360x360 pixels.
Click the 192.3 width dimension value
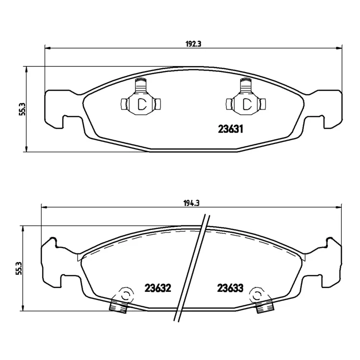tap(193, 44)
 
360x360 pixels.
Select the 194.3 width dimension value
tap(191, 203)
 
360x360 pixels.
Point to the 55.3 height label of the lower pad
tap(20, 268)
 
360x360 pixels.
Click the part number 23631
tap(230, 130)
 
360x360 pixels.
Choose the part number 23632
tap(158, 288)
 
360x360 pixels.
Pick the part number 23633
tap(230, 288)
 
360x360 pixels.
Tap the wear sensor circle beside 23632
tap(125, 295)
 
